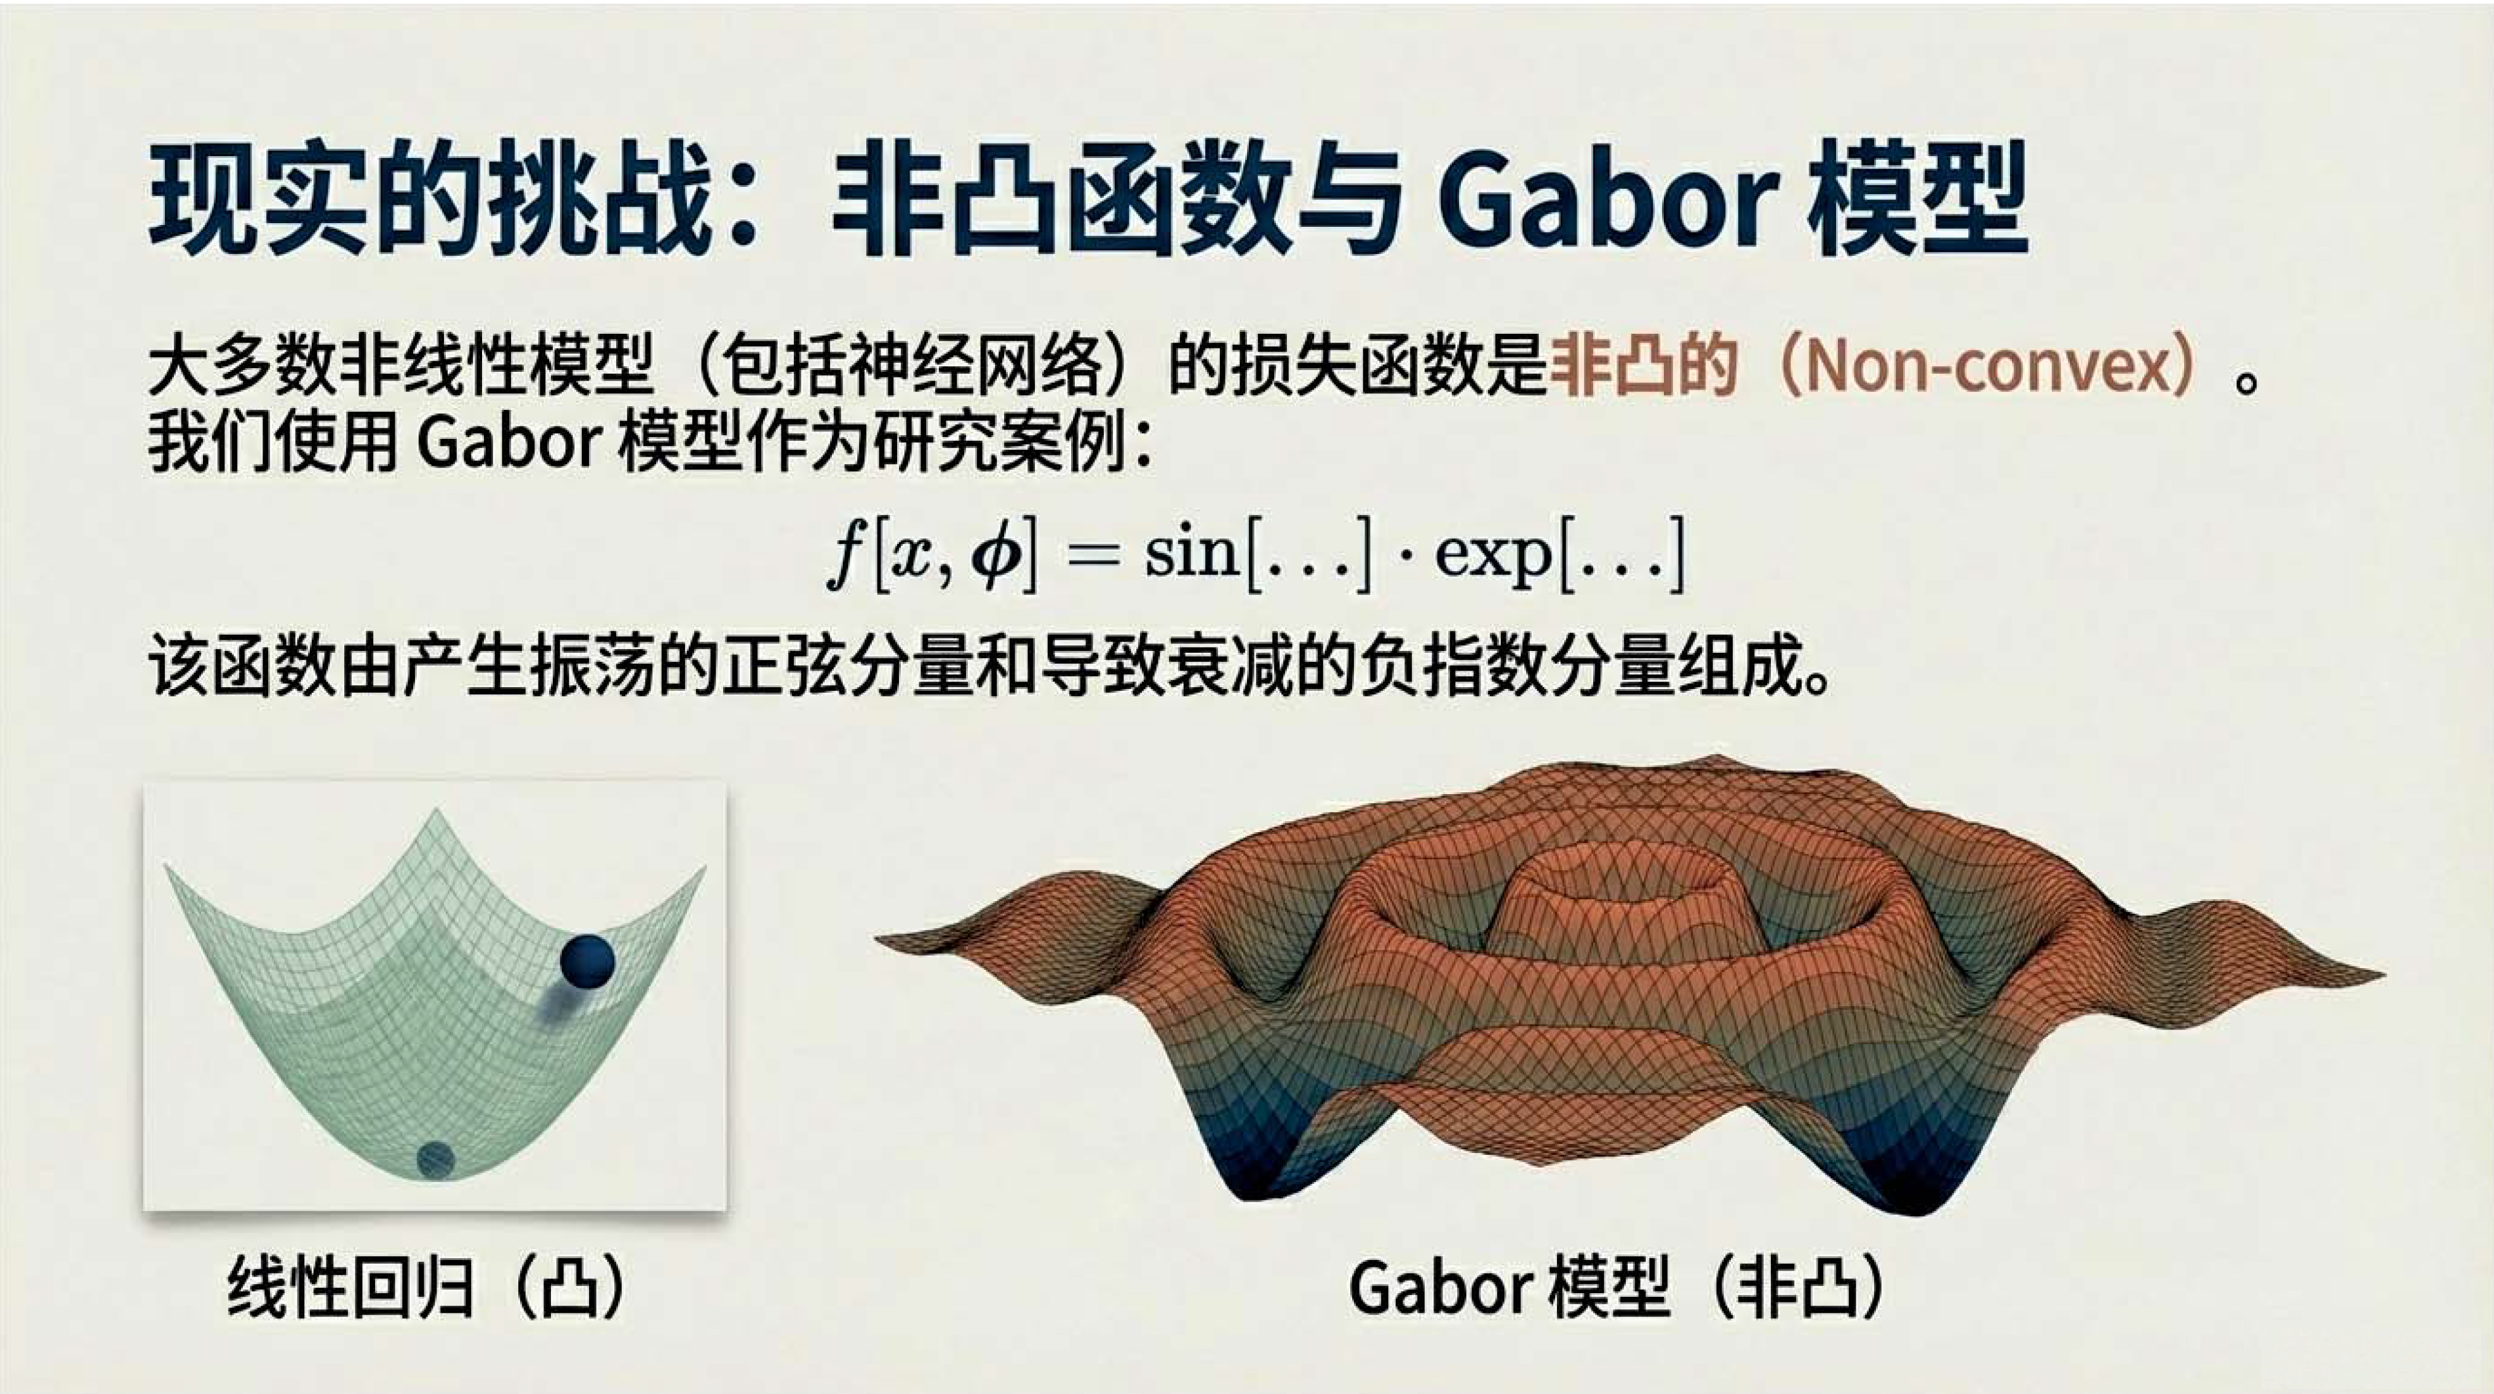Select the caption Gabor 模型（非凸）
(1617, 1288)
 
